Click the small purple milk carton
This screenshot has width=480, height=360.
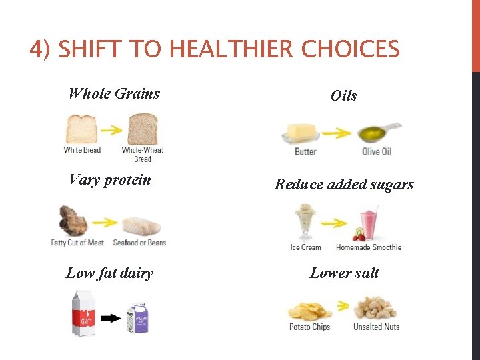coord(139,318)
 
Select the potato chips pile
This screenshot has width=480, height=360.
coord(310,311)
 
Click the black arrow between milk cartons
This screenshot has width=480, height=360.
coord(110,319)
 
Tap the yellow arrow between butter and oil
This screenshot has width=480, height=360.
coord(337,133)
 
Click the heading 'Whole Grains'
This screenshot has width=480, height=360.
coord(114,93)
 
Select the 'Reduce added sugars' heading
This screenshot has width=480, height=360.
coord(344,184)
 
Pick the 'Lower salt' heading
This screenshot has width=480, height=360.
coord(344,273)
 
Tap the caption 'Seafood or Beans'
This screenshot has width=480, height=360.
coord(139,243)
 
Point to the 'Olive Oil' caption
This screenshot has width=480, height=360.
coord(376,152)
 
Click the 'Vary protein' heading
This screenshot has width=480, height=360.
coord(110,179)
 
